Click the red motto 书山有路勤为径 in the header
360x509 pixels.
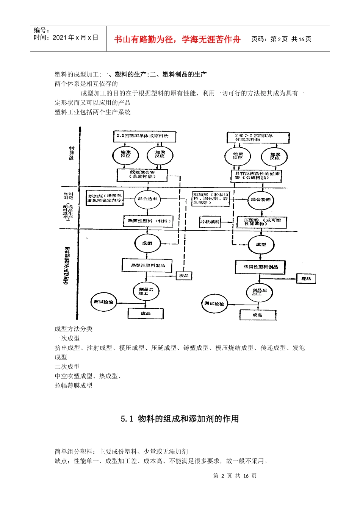click(x=177, y=39)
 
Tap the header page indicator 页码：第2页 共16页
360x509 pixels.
click(x=281, y=39)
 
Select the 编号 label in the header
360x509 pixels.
click(x=42, y=30)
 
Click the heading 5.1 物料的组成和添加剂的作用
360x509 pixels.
click(x=180, y=418)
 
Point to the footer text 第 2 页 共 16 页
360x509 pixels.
click(x=235, y=476)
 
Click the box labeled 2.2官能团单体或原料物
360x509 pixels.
click(x=144, y=136)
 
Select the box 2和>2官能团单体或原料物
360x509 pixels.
click(x=258, y=137)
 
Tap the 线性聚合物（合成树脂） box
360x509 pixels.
click(x=142, y=175)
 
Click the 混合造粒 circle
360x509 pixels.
click(x=147, y=199)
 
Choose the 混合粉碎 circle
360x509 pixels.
click(x=261, y=200)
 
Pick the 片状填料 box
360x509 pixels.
click(x=210, y=222)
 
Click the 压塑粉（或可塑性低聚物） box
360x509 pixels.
click(x=261, y=222)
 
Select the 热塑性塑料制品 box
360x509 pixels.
click(x=147, y=265)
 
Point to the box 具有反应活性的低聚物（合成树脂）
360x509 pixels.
click(x=256, y=176)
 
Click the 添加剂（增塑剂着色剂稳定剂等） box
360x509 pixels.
click(x=105, y=198)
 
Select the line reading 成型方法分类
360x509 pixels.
click(x=74, y=329)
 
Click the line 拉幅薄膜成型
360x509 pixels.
click(x=74, y=386)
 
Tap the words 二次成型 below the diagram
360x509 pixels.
click(x=67, y=367)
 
